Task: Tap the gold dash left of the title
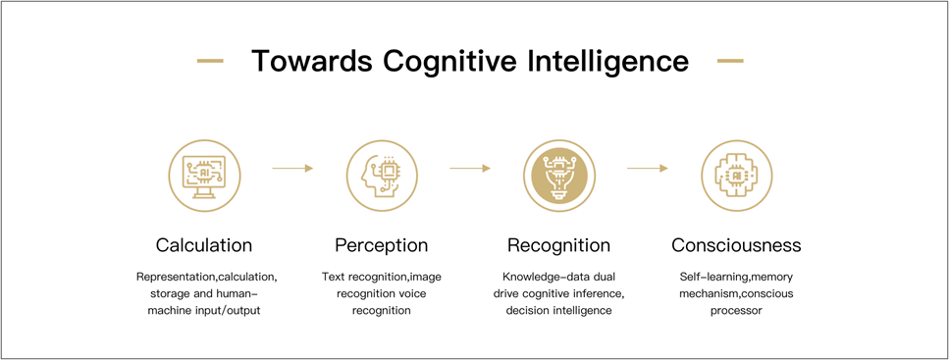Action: tap(210, 61)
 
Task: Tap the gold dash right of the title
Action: tap(730, 61)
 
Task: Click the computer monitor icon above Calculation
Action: tap(203, 176)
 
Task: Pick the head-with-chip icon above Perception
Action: tap(382, 176)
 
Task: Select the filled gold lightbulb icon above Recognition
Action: tap(559, 176)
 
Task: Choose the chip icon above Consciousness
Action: tap(737, 176)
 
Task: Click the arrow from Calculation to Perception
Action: tap(292, 168)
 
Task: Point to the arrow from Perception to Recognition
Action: tap(470, 168)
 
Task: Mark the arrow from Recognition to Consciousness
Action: tap(648, 168)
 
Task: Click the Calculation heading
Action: tap(204, 245)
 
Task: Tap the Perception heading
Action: tap(382, 245)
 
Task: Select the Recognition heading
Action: tap(558, 245)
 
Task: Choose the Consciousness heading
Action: tap(736, 245)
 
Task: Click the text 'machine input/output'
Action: tap(204, 311)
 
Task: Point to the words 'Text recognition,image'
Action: tap(382, 277)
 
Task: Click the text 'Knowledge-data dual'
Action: tap(558, 277)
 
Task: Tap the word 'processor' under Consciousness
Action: tap(736, 311)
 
